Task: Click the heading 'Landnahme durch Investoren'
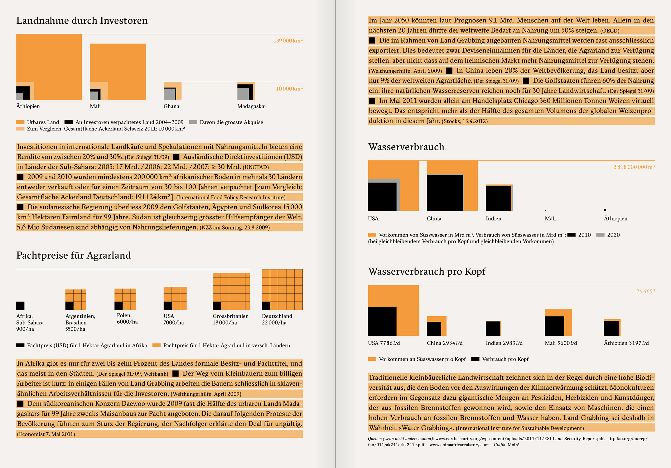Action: [82, 21]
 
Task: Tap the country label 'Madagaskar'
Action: [252, 106]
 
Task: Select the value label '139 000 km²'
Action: [288, 41]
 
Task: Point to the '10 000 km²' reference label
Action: [289, 89]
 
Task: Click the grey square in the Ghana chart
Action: [169, 94]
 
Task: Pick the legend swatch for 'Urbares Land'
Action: [20, 122]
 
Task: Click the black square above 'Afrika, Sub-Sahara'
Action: [20, 305]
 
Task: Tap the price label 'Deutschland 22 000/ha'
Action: [277, 319]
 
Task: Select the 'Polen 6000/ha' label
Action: [127, 319]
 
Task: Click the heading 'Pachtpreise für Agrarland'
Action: [74, 255]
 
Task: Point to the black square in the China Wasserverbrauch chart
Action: [445, 193]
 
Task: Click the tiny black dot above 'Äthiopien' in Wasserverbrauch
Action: [605, 210]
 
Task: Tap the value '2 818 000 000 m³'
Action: [634, 167]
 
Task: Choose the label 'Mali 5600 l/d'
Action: [561, 343]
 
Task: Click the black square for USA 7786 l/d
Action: [382, 321]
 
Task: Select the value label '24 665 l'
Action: [645, 291]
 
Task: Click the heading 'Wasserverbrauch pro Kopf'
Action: [427, 271]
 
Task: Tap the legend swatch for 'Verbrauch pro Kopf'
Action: [475, 359]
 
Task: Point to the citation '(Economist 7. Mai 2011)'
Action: [46, 434]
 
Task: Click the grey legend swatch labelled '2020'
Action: [600, 235]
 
